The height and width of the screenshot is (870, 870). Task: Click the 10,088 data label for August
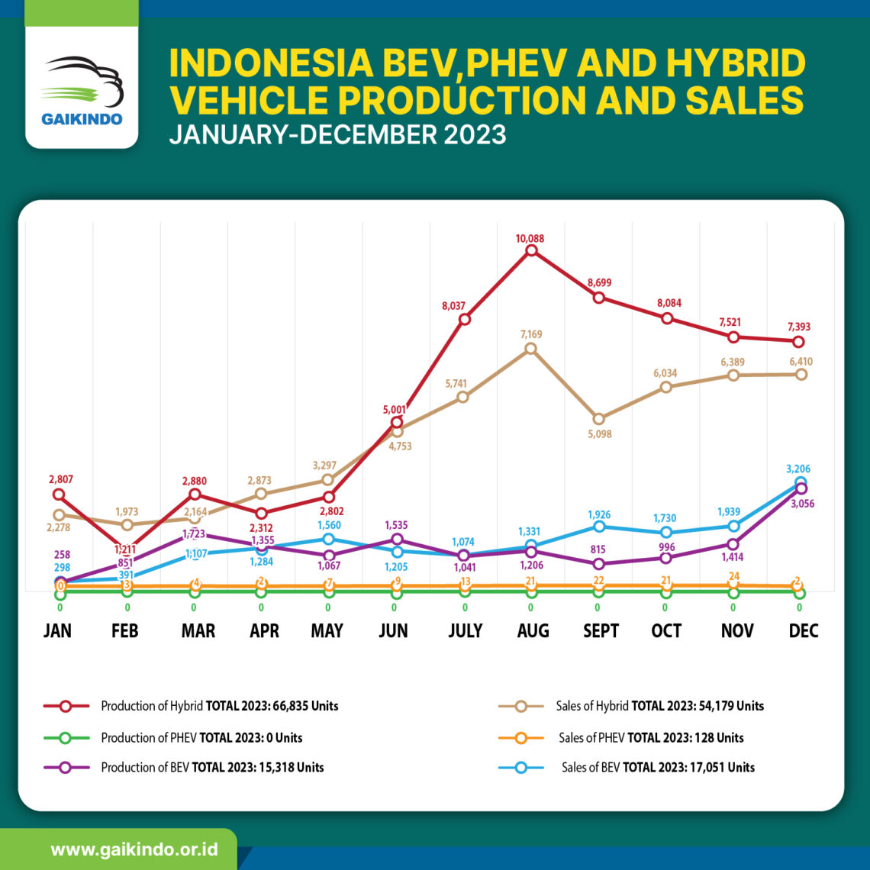(531, 238)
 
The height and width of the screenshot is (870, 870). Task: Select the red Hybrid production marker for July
(464, 319)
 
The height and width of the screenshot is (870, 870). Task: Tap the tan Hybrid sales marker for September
(598, 418)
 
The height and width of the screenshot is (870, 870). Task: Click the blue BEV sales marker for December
(800, 482)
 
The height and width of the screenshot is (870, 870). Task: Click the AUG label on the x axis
(532, 631)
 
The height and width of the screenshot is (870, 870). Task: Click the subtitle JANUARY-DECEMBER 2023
(337, 134)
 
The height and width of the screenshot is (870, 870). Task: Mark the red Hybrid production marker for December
(798, 341)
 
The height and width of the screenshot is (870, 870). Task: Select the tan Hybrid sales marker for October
(665, 387)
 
